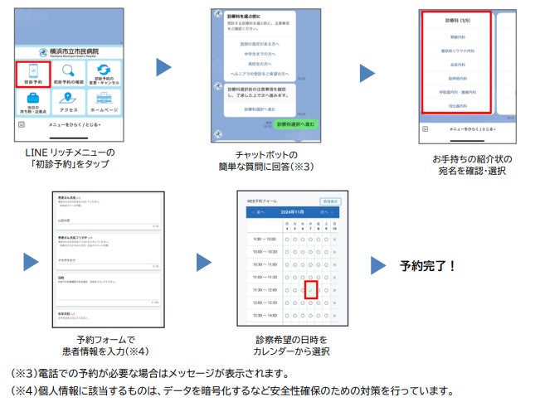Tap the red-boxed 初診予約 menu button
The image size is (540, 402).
32,75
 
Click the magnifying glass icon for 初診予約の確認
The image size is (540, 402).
70,72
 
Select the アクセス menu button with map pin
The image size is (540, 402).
70,104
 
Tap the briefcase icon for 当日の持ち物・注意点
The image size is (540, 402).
32,102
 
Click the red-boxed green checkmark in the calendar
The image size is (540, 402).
310,290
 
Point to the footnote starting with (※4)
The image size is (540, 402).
232,390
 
